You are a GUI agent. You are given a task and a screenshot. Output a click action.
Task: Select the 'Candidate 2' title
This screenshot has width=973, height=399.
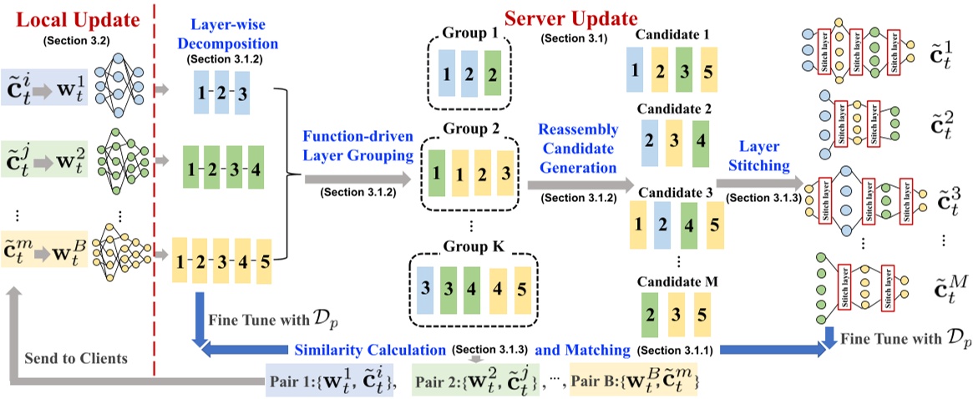[x=674, y=109]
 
